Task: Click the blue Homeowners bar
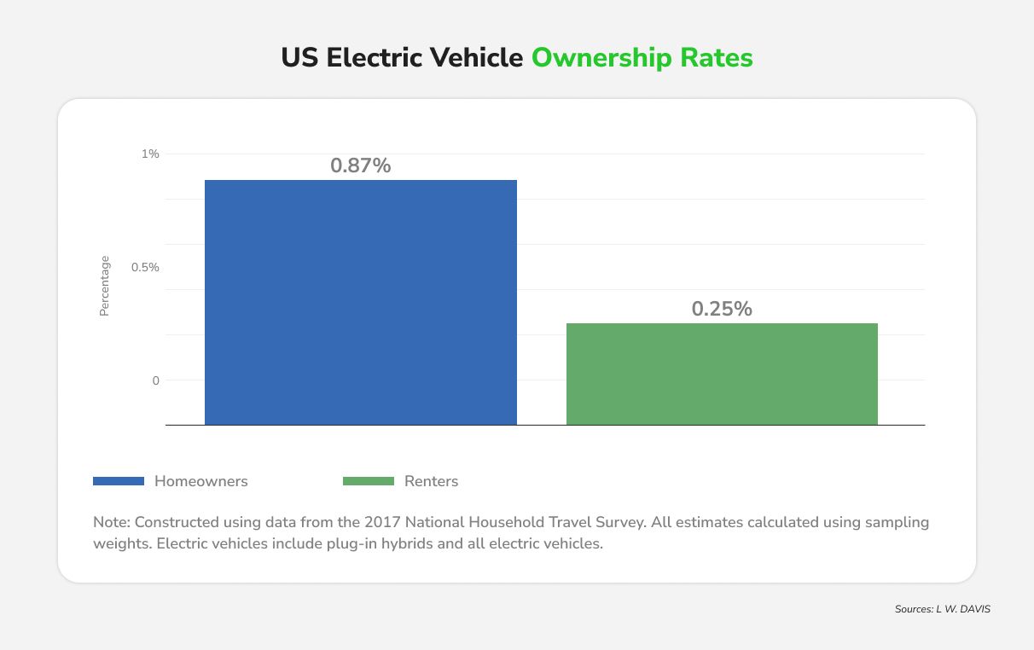coord(360,302)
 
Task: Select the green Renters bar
coord(722,374)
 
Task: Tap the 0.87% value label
coord(360,166)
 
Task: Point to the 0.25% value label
coord(722,310)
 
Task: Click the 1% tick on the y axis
coord(150,154)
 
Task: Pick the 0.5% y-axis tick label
coord(145,267)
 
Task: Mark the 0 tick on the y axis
coord(155,380)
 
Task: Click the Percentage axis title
coord(105,286)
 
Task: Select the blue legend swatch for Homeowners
coord(119,481)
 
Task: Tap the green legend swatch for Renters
coord(369,481)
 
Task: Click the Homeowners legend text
coord(200,481)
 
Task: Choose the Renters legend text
coord(431,481)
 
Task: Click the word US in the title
coord(300,58)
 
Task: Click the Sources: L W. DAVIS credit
coord(942,610)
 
